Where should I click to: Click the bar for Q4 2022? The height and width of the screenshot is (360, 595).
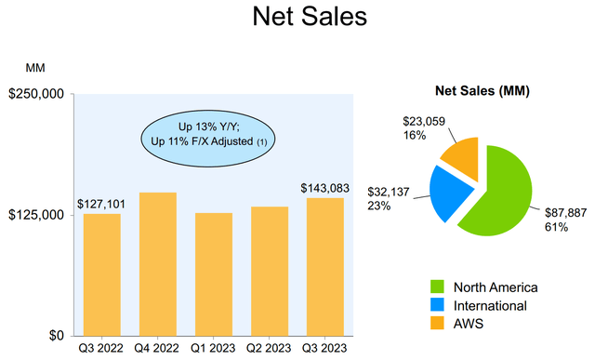pyautogui.click(x=158, y=264)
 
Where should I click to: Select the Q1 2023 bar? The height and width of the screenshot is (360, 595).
pyautogui.click(x=214, y=274)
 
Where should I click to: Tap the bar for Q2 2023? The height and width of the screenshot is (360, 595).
pyautogui.click(x=270, y=271)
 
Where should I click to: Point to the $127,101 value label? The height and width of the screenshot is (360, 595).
pyautogui.click(x=101, y=205)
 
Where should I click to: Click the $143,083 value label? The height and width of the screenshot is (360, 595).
pyautogui.click(x=324, y=188)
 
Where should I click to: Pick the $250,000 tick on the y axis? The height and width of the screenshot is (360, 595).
pyautogui.click(x=36, y=94)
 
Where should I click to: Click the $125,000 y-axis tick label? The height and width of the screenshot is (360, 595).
pyautogui.click(x=36, y=215)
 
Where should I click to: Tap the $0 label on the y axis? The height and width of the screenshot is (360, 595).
pyautogui.click(x=56, y=336)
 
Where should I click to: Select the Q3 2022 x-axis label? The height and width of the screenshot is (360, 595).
pyautogui.click(x=101, y=348)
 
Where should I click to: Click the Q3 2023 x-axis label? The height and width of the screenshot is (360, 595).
pyautogui.click(x=324, y=348)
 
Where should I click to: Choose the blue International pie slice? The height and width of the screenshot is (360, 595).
pyautogui.click(x=450, y=192)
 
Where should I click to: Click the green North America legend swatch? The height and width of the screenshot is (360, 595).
pyautogui.click(x=437, y=287)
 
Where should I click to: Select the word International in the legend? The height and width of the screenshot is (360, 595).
pyautogui.click(x=490, y=306)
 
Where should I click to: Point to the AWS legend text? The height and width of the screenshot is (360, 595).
pyautogui.click(x=469, y=324)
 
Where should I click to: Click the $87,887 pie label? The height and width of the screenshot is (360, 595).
pyautogui.click(x=565, y=213)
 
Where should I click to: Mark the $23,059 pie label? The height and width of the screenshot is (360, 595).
pyautogui.click(x=424, y=121)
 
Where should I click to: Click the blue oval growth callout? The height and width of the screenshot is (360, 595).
pyautogui.click(x=208, y=139)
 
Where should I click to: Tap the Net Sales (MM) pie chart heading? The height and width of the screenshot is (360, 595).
pyautogui.click(x=482, y=91)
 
